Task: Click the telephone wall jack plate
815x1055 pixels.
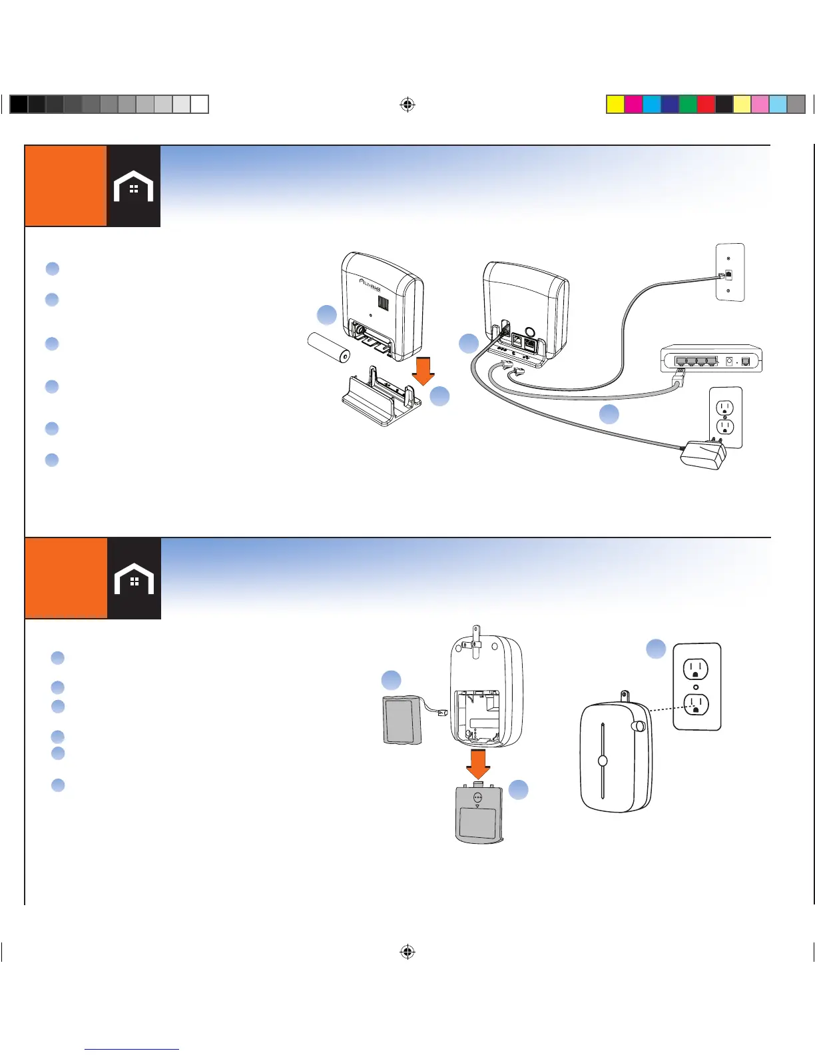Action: (x=729, y=272)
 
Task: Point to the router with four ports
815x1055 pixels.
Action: (x=711, y=360)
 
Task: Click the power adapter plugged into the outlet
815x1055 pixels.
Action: (x=702, y=456)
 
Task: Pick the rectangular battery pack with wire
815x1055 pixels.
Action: (x=404, y=719)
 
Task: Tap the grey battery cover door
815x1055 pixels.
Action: (x=477, y=814)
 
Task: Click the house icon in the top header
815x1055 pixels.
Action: (x=133, y=186)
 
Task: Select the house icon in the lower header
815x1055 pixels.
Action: (x=134, y=579)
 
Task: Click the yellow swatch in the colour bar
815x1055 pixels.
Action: (x=616, y=105)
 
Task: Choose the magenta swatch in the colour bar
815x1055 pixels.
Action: (x=634, y=105)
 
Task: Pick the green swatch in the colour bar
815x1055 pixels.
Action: (x=688, y=105)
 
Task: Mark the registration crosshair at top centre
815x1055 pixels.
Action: (x=407, y=105)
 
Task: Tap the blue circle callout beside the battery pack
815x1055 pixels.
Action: (x=391, y=680)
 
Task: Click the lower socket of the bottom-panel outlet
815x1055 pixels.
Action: (x=696, y=705)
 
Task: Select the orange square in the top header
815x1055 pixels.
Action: (x=65, y=186)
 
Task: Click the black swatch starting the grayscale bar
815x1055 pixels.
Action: (x=19, y=105)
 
